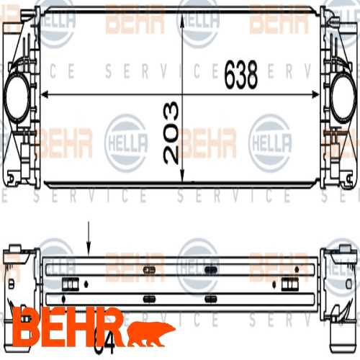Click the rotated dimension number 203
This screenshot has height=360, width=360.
coord(171,132)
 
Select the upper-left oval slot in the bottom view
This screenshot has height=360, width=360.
coord(150,270)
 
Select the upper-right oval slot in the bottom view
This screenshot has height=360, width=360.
coord(210,270)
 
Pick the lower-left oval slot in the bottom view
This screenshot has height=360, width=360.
coord(150,297)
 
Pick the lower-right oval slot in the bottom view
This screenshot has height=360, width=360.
coord(210,297)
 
